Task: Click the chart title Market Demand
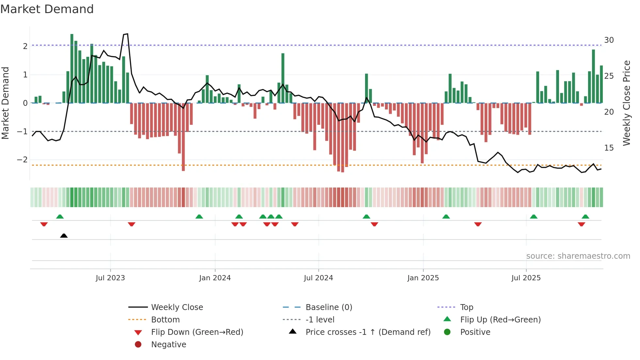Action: [47, 9]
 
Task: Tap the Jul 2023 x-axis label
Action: [110, 278]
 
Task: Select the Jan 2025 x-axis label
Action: [423, 278]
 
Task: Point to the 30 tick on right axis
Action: [609, 40]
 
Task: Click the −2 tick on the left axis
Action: [23, 160]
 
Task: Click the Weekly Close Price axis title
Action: [627, 103]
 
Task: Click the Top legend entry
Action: [467, 307]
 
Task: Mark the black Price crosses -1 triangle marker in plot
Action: [64, 236]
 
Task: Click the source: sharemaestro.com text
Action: [578, 256]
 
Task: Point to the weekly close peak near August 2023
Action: [127, 34]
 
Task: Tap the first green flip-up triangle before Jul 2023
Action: [60, 217]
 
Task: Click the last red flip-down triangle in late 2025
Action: [581, 224]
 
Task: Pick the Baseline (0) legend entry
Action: [328, 307]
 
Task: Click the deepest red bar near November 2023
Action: [183, 137]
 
